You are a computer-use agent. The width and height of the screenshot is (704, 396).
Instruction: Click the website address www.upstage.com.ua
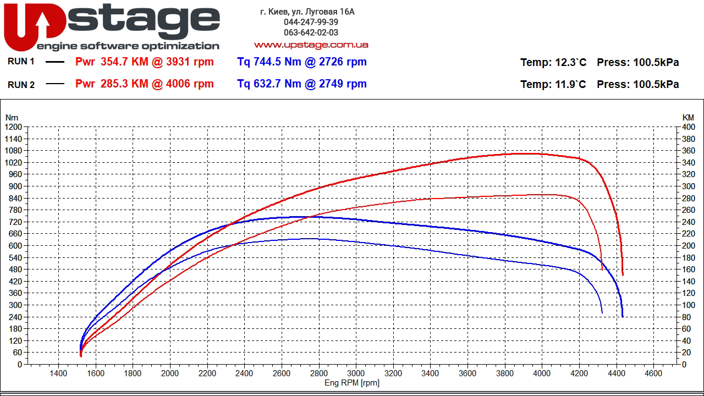click(311, 45)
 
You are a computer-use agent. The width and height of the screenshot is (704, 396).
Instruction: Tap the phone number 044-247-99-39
click(311, 22)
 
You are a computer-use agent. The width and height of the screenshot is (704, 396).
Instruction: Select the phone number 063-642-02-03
click(311, 32)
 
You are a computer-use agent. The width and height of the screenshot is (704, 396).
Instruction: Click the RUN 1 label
click(21, 62)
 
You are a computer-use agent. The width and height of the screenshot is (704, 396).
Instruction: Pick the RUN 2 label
click(21, 85)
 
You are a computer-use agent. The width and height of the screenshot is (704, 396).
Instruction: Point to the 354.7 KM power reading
click(124, 62)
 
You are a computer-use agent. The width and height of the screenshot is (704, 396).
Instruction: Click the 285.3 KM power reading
click(124, 84)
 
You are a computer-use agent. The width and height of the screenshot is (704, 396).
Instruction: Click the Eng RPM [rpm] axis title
click(352, 383)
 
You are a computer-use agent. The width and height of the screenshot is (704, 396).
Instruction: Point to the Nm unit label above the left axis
click(12, 117)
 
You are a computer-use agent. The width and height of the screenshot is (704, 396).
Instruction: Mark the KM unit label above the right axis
click(688, 117)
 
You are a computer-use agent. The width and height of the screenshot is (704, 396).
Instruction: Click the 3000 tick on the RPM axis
click(356, 374)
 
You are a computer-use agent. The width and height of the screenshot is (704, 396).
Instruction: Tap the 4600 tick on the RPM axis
click(653, 374)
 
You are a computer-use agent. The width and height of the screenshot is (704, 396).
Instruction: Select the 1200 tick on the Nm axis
click(13, 127)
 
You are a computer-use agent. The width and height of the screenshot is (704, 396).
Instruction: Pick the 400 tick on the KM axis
click(688, 127)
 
